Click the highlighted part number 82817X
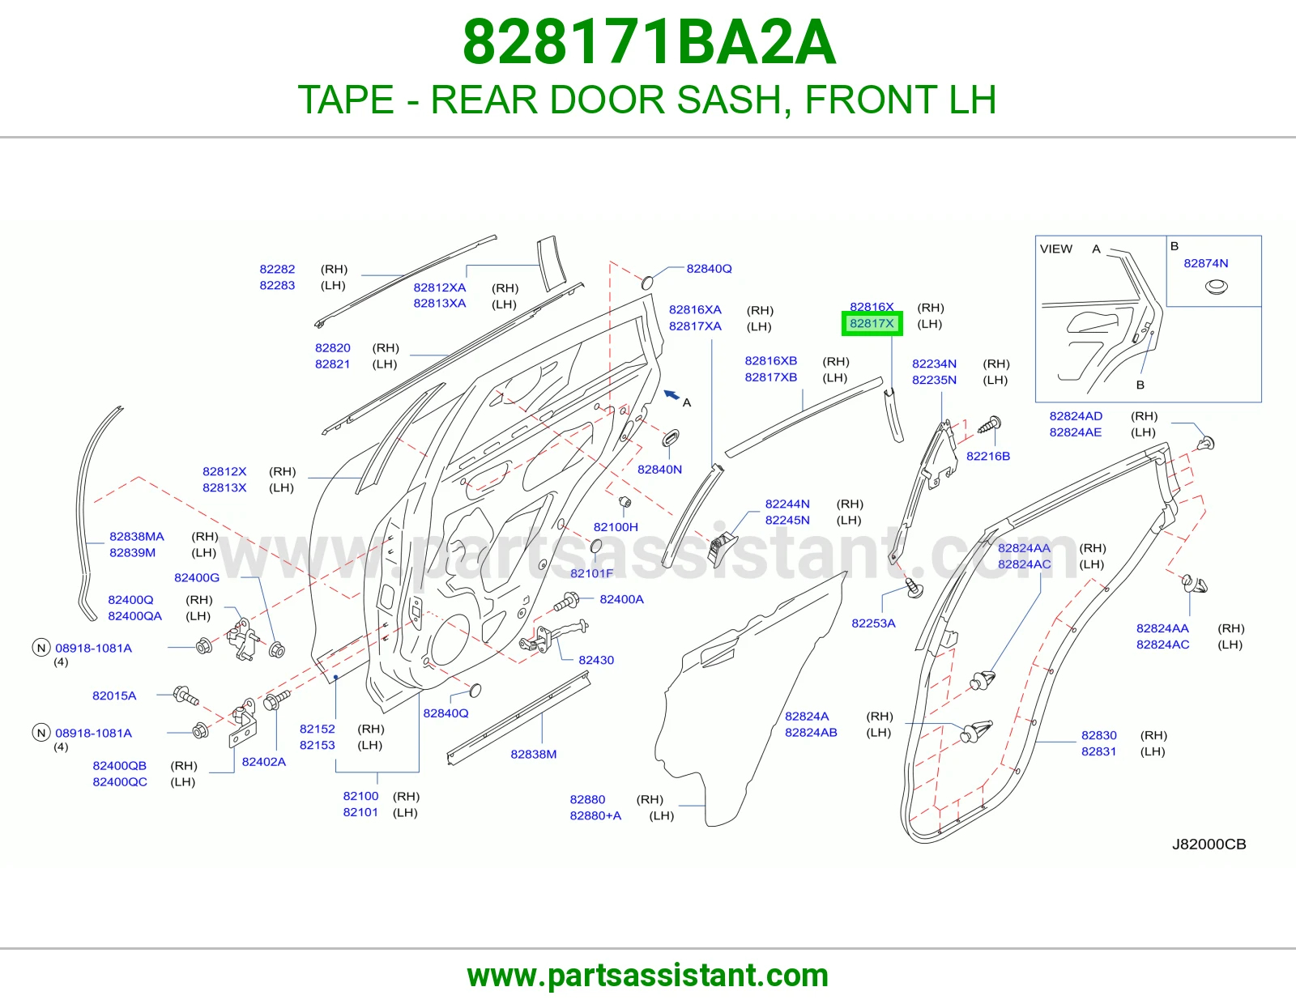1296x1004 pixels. click(x=872, y=324)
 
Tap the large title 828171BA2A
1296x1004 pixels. click(x=649, y=42)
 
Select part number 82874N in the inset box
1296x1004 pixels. click(x=1206, y=263)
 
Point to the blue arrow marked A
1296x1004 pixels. click(x=671, y=394)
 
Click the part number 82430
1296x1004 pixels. click(x=596, y=660)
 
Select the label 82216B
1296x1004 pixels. click(x=988, y=456)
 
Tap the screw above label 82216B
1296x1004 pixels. click(x=990, y=425)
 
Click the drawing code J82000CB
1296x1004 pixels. click(x=1209, y=844)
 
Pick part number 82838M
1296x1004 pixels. click(x=533, y=754)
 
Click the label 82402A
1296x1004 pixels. click(x=263, y=762)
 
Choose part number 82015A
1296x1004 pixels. click(x=114, y=696)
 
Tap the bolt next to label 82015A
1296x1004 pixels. click(x=186, y=696)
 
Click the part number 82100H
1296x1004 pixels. click(x=616, y=527)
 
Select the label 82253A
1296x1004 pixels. click(x=873, y=623)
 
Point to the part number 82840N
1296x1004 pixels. click(x=659, y=470)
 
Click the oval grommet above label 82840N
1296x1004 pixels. click(x=671, y=437)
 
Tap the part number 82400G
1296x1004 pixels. click(x=197, y=578)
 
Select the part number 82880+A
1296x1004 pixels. click(x=595, y=815)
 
